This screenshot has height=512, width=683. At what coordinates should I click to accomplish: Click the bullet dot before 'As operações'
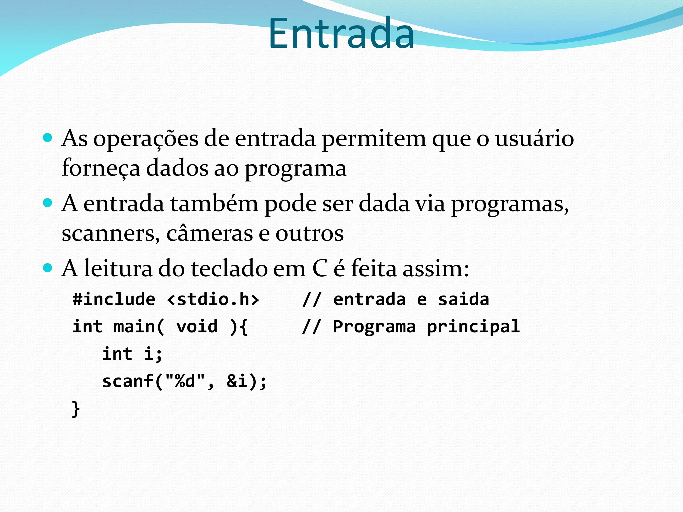48,138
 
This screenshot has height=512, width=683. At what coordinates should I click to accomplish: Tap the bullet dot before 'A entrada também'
48,203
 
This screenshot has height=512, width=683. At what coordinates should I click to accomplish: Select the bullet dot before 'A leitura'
48,268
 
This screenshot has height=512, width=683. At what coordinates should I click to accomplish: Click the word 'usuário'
534,138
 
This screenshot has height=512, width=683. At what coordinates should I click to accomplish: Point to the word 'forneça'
101,168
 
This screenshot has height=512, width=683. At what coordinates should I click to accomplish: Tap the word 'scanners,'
108,233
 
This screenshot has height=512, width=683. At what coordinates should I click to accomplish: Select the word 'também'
214,203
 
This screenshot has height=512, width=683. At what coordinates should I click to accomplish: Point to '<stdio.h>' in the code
213,299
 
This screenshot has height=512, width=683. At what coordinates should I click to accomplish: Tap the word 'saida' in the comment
463,299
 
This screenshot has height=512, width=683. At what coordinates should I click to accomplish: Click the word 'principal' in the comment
473,327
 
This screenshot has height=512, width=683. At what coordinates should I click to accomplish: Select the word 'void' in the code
197,326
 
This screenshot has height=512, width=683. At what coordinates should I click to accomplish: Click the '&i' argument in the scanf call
237,381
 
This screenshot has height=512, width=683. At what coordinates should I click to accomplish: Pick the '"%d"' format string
185,381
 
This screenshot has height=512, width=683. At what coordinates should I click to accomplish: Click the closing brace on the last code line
76,409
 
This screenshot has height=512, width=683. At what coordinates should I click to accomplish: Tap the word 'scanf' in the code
128,381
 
